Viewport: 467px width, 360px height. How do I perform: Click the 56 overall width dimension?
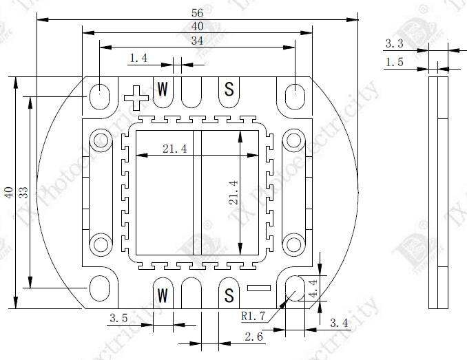[198, 12]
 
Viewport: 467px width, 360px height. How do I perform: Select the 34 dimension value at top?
[198, 41]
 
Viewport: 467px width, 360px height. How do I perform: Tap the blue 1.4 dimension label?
[138, 59]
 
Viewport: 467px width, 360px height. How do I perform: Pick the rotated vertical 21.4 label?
[233, 193]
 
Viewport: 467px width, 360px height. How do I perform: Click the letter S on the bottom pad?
[229, 296]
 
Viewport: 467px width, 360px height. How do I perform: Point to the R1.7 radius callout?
[253, 317]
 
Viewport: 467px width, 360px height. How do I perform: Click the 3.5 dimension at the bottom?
[118, 318]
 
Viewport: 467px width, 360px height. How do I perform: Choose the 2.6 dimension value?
[254, 337]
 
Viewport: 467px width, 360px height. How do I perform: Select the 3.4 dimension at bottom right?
[339, 323]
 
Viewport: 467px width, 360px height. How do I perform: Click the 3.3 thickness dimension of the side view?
[394, 43]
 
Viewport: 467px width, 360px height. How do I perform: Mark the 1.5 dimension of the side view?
[394, 62]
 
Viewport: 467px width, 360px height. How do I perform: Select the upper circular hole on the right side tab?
[294, 140]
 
